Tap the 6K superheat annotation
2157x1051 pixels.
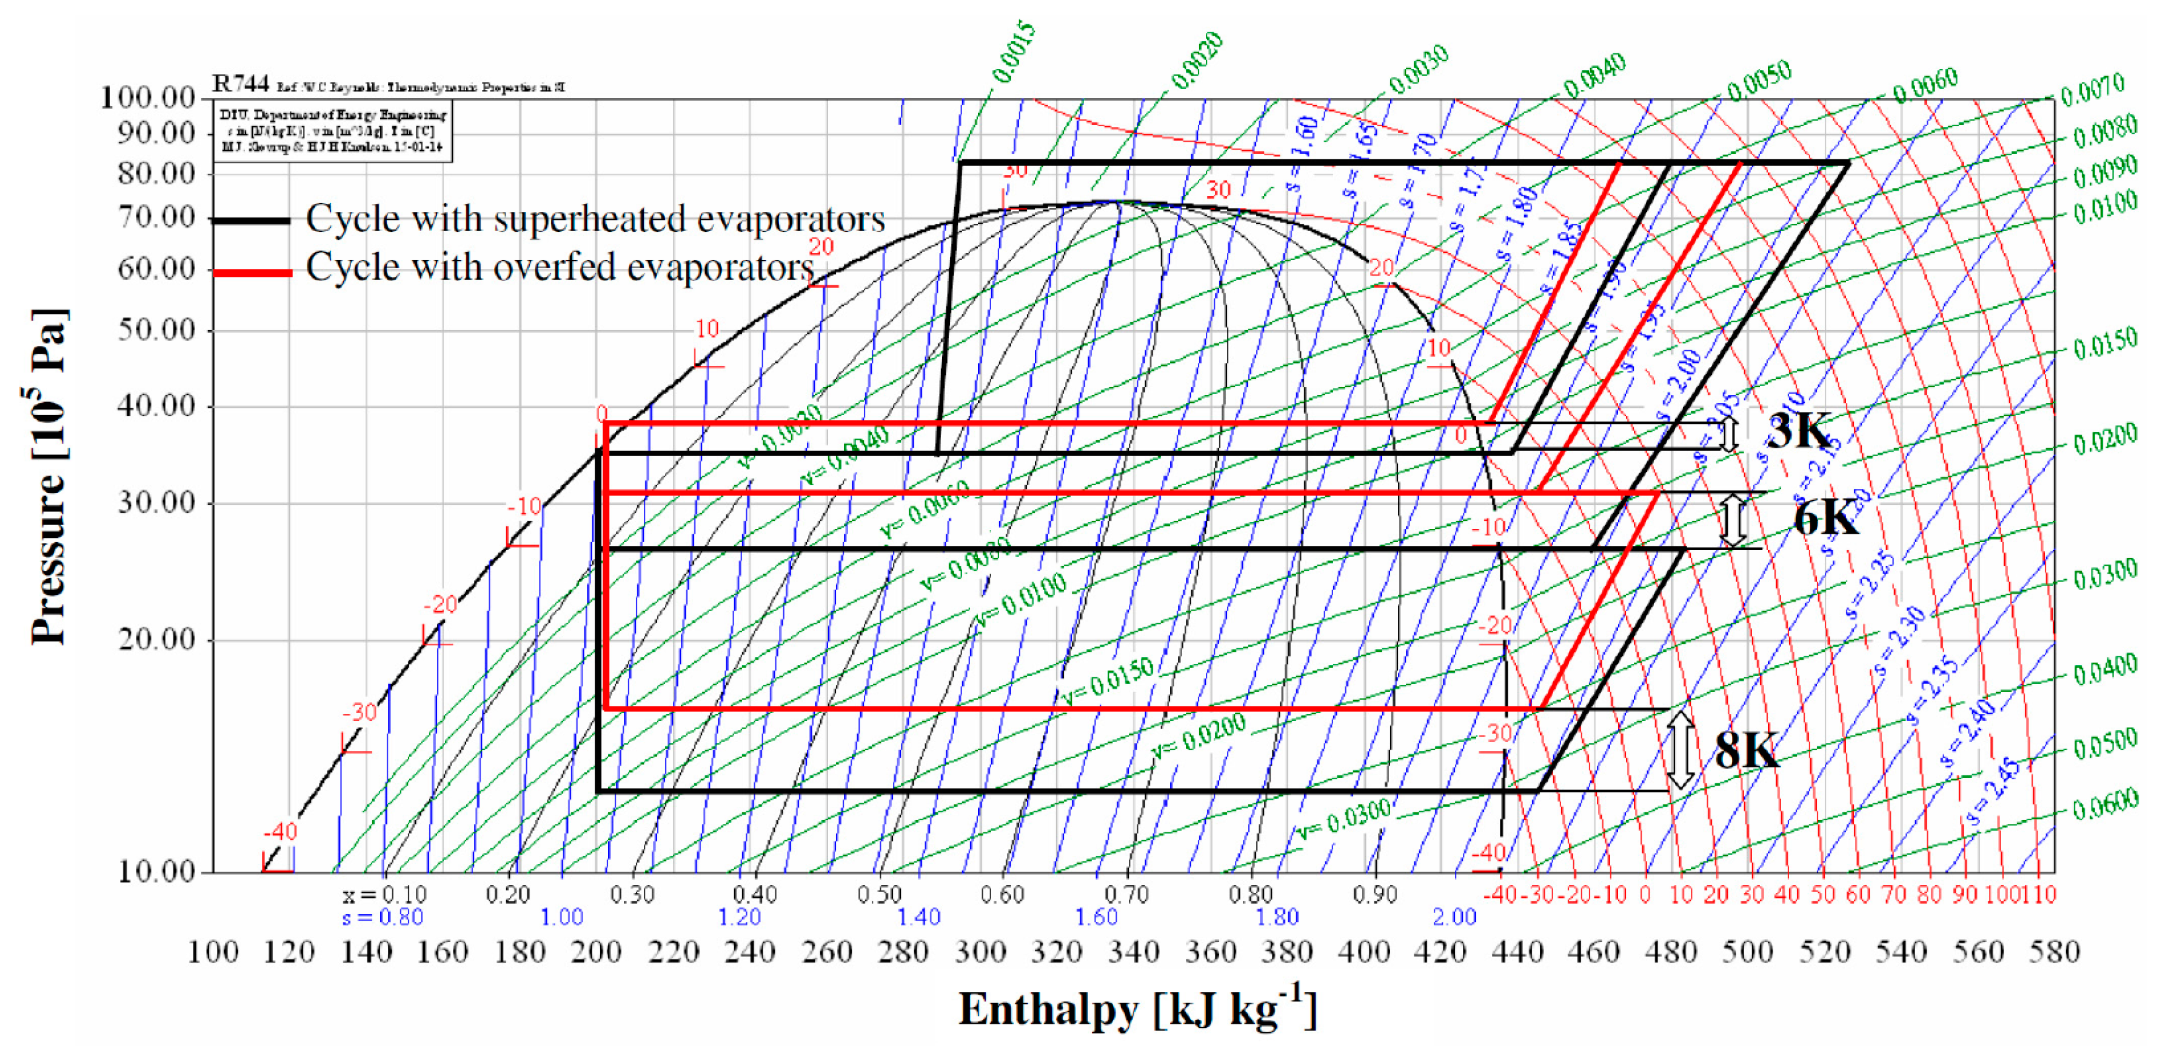click(x=1825, y=519)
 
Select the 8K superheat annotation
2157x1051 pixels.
click(x=1746, y=750)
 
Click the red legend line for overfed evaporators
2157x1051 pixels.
click(x=251, y=272)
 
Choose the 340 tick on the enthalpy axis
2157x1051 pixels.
click(x=1133, y=952)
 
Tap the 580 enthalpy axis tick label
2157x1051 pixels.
click(x=2054, y=952)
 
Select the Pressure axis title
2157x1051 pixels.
click(x=48, y=477)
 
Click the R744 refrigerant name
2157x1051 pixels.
click(x=240, y=84)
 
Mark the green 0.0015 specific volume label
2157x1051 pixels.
click(x=1014, y=53)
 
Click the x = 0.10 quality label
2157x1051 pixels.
click(x=385, y=895)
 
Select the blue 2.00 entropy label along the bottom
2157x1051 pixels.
click(x=1454, y=917)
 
